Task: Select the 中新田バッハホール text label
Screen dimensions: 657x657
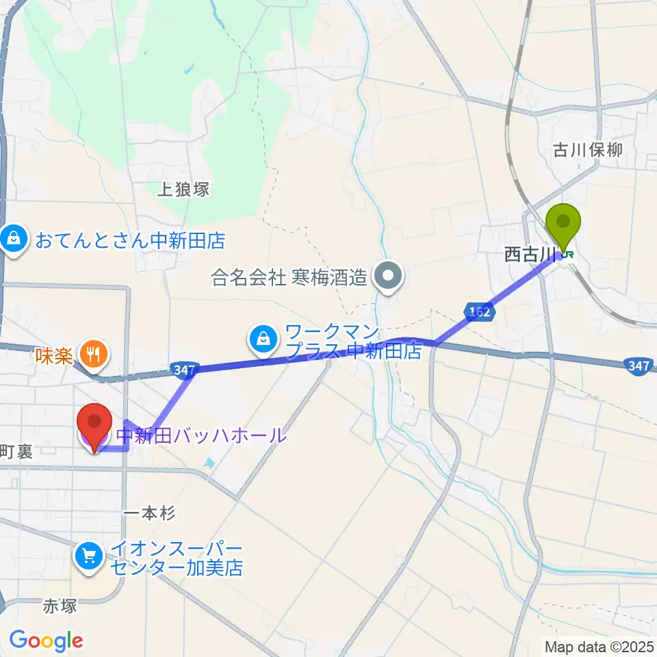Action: [201, 435]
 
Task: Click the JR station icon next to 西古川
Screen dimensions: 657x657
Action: [568, 255]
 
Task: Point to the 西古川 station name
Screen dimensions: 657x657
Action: [529, 255]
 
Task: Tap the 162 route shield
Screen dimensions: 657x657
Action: [480, 312]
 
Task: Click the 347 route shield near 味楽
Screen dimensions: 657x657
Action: [184, 370]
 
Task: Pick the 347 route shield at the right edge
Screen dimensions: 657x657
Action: [639, 367]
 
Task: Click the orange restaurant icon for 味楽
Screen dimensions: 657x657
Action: [92, 353]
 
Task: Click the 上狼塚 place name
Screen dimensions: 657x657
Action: [183, 189]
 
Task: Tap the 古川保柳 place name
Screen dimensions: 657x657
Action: [589, 150]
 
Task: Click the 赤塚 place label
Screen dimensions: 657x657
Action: [58, 606]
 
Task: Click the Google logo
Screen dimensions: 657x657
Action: [46, 640]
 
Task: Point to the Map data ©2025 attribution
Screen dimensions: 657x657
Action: [599, 645]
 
